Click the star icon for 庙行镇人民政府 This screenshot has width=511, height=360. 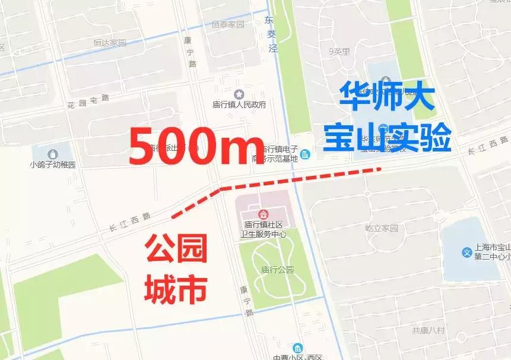239,94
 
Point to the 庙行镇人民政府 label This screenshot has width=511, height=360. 239,105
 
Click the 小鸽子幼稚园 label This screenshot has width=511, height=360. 53,165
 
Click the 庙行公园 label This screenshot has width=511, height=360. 277,270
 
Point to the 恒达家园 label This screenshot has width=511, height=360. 110,43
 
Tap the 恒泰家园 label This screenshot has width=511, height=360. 228,25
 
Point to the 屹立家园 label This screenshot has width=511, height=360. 382,228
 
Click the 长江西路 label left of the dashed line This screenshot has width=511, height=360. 129,222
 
